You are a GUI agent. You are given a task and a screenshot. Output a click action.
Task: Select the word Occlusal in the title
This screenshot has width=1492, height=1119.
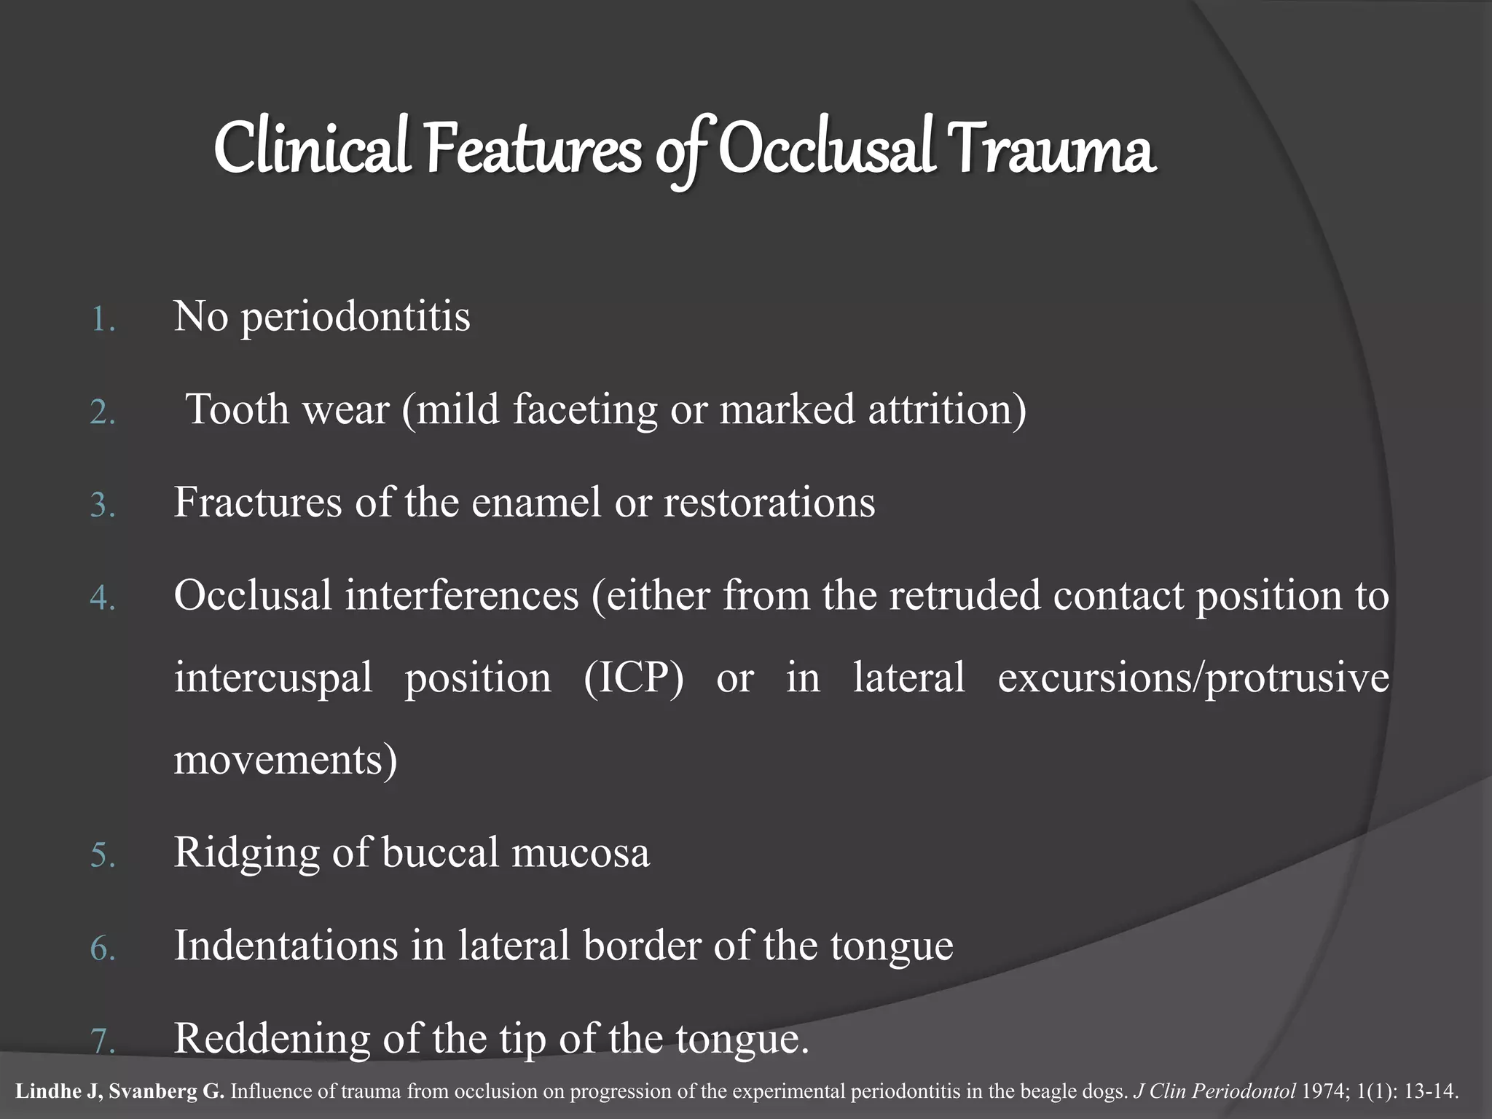(x=827, y=150)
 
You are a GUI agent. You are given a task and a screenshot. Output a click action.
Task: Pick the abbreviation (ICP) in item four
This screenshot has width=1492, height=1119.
(x=634, y=678)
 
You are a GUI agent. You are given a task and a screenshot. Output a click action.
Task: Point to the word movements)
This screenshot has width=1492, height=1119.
(x=286, y=761)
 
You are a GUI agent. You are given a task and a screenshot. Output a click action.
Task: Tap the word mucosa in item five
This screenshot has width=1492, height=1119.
(x=580, y=853)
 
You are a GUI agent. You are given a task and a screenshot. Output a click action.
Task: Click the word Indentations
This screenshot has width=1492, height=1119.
(x=285, y=946)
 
